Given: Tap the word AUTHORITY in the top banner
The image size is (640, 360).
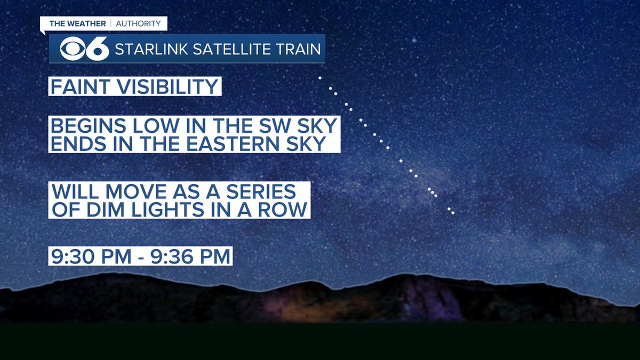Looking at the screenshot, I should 138,23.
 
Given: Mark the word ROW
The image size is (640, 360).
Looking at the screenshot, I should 286,209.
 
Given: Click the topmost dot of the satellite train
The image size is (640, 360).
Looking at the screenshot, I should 320,78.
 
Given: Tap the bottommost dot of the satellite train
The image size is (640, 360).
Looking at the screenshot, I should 453,213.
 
